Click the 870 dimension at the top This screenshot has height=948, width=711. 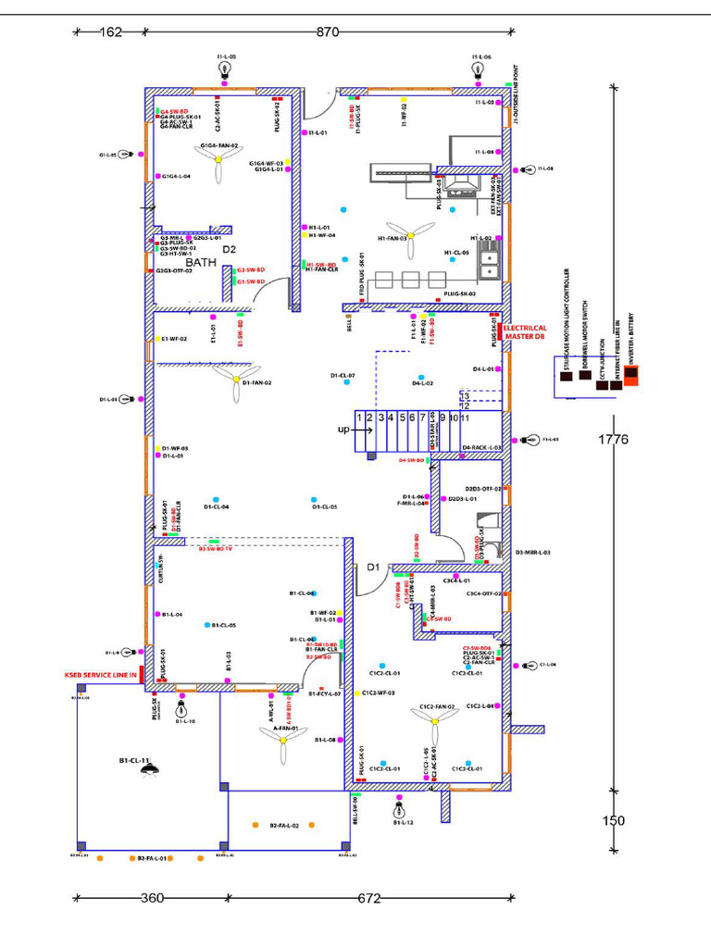pos(328,32)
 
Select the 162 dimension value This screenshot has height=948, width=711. pos(110,32)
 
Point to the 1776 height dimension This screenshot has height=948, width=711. pos(613,440)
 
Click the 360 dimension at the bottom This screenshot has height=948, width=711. pos(152,898)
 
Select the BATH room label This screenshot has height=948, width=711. pos(201,263)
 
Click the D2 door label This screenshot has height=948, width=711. pos(229,250)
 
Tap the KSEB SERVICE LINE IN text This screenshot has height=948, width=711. pos(100,675)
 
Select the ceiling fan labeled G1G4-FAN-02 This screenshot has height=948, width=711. pos(219,160)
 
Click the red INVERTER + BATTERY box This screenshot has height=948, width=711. pos(631,375)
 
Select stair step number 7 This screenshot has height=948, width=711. pos(423,418)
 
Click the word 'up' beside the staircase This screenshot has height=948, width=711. pos(343,430)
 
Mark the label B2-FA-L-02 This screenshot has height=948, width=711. pos(284,825)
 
